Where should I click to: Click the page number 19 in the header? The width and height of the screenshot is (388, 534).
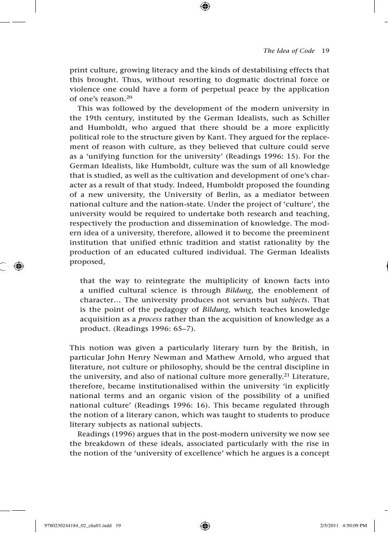pyautogui.click(x=325, y=51)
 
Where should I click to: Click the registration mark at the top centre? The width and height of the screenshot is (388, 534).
pyautogui.click(x=205, y=6)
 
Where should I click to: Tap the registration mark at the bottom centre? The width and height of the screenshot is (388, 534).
pyautogui.click(x=205, y=525)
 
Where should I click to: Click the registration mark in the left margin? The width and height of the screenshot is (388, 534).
pyautogui.click(x=19, y=266)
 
